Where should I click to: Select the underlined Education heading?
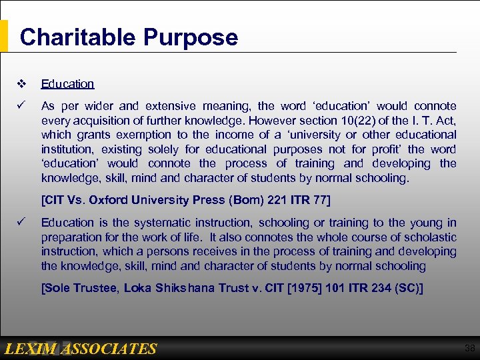point(67,84)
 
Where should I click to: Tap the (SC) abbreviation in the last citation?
point(407,288)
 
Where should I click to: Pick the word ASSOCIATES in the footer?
point(113,349)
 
